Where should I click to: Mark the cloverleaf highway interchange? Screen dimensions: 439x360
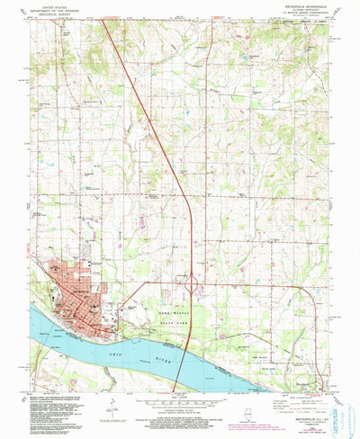[x=193, y=284]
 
